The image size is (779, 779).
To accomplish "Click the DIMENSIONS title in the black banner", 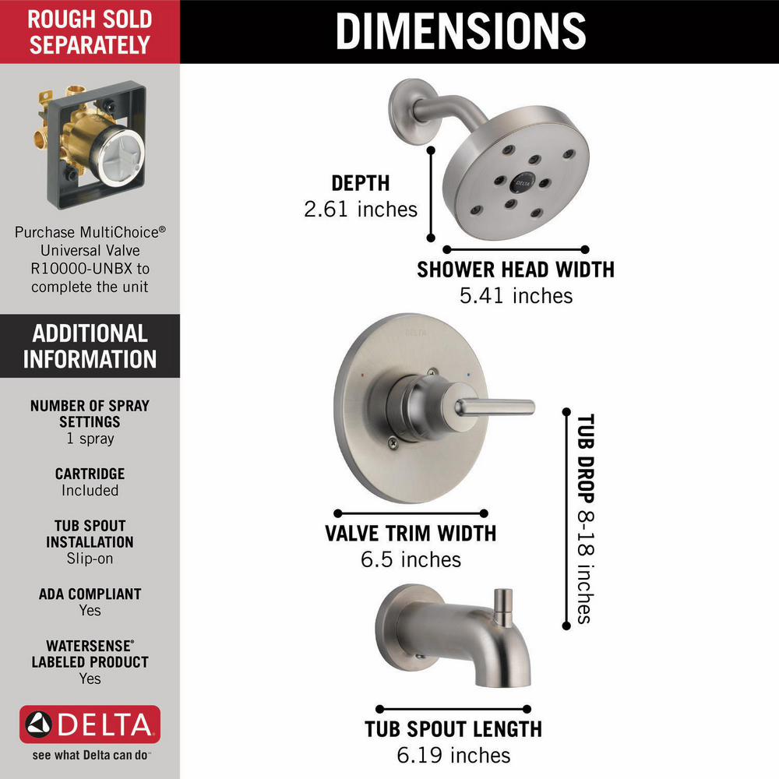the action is tap(461, 31).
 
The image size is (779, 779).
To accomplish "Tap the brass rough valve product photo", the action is tap(91, 144).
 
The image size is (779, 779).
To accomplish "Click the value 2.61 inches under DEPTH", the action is tap(361, 209).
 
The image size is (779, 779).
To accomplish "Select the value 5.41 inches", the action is tap(516, 295).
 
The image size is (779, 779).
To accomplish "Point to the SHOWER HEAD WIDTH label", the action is tap(516, 270).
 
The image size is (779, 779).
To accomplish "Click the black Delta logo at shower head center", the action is tap(523, 182).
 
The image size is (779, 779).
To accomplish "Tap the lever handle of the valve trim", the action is tap(495, 407).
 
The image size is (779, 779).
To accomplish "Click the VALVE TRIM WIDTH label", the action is tap(411, 533).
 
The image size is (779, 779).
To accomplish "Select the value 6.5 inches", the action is tap(411, 559).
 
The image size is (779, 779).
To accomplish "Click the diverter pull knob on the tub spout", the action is tap(502, 607).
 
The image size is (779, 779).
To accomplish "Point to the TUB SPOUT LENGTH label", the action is tap(453, 729).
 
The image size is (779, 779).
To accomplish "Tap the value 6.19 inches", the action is tap(453, 755).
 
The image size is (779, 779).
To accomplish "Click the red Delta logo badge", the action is tap(90, 724).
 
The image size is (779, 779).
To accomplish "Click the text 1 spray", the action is tap(90, 438).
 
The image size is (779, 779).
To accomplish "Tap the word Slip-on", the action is tap(90, 559).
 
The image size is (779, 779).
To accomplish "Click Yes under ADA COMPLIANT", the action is tap(90, 610).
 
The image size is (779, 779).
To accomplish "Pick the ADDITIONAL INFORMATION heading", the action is tap(90, 347).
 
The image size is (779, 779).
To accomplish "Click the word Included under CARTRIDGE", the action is tap(90, 490).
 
